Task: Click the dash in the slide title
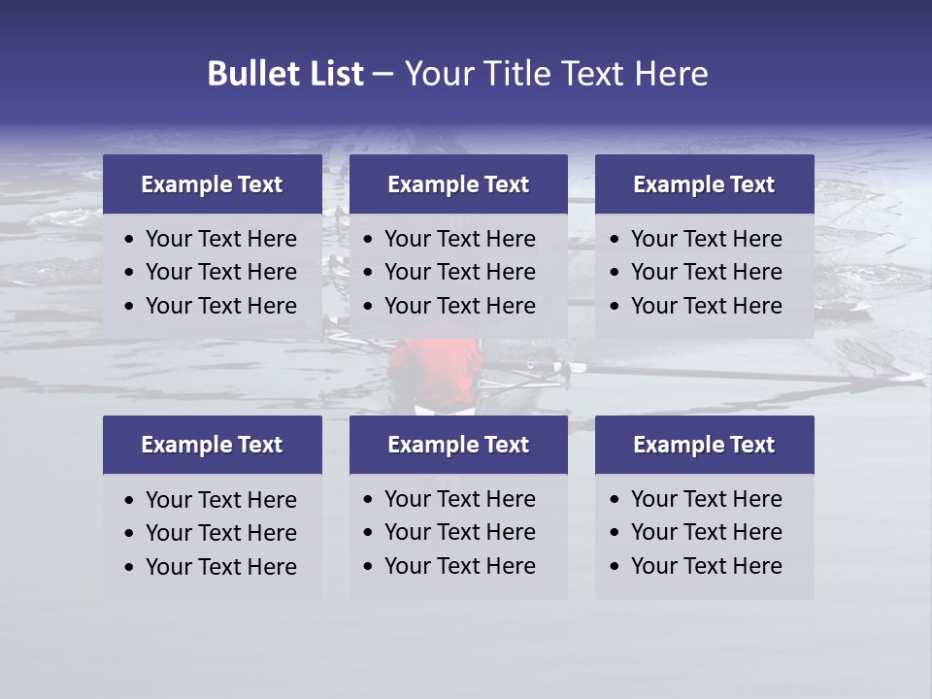coord(383,74)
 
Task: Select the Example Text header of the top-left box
coord(212,184)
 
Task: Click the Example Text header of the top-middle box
coord(458,184)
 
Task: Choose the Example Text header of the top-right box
coord(704,184)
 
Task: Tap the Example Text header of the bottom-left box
coord(212,445)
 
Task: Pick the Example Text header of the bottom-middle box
coord(458,445)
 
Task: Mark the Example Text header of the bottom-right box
coord(704,445)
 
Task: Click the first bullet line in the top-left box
coord(220,239)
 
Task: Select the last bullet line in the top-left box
coord(220,306)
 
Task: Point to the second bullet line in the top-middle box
coord(459,272)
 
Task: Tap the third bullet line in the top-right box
coord(706,306)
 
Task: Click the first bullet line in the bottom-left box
coord(220,500)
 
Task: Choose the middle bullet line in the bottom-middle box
coord(459,532)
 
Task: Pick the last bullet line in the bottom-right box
coord(706,566)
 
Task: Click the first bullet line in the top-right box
coord(706,239)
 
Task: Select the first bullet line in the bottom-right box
coord(706,499)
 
